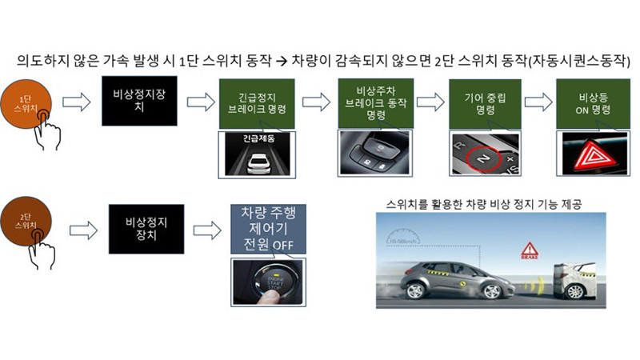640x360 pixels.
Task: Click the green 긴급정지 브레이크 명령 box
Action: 252,105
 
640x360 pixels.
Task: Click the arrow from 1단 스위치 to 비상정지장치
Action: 77,102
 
